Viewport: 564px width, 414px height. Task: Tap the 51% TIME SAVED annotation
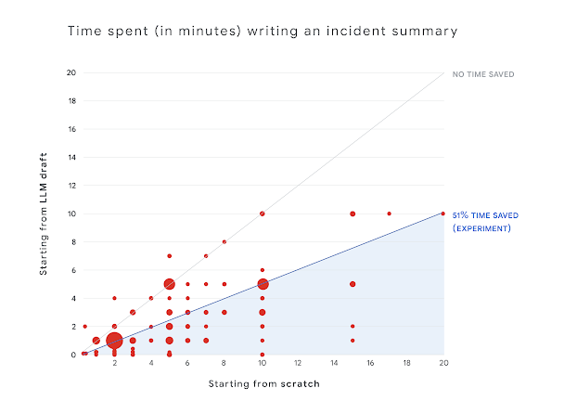[485, 215]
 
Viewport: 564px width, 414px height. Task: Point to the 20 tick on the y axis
[70, 72]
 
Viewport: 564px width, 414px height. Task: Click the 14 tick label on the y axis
[70, 157]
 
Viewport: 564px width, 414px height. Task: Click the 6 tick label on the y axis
[72, 270]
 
